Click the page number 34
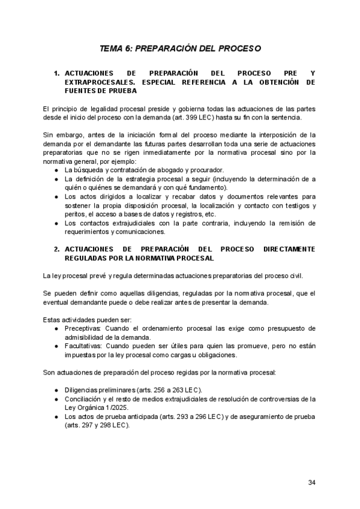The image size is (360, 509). (x=311, y=483)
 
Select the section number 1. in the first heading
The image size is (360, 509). (x=56, y=73)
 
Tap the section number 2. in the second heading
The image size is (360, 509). (x=56, y=249)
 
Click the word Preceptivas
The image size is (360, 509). (x=83, y=328)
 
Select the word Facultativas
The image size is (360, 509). (x=84, y=346)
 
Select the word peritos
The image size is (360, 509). (x=74, y=214)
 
